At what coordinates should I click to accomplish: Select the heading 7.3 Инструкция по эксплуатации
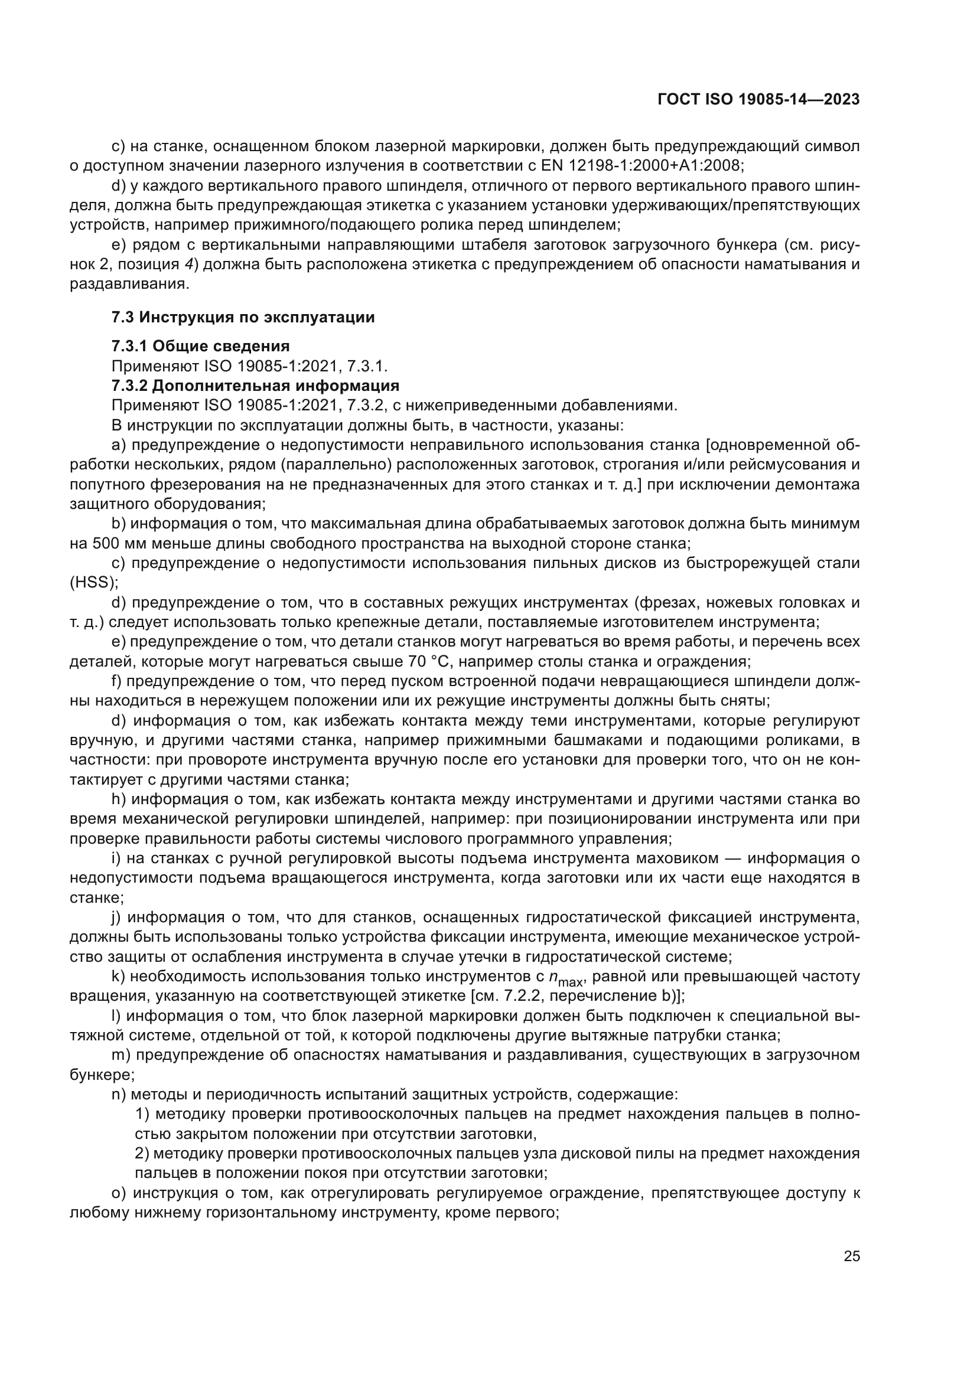pos(243,317)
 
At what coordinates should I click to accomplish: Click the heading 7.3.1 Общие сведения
pos(200,346)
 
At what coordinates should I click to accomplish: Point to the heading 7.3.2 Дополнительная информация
pos(255,385)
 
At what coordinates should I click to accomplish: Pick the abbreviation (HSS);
pos(94,582)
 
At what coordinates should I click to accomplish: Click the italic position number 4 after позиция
pos(188,264)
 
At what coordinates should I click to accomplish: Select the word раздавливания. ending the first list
pos(129,283)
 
